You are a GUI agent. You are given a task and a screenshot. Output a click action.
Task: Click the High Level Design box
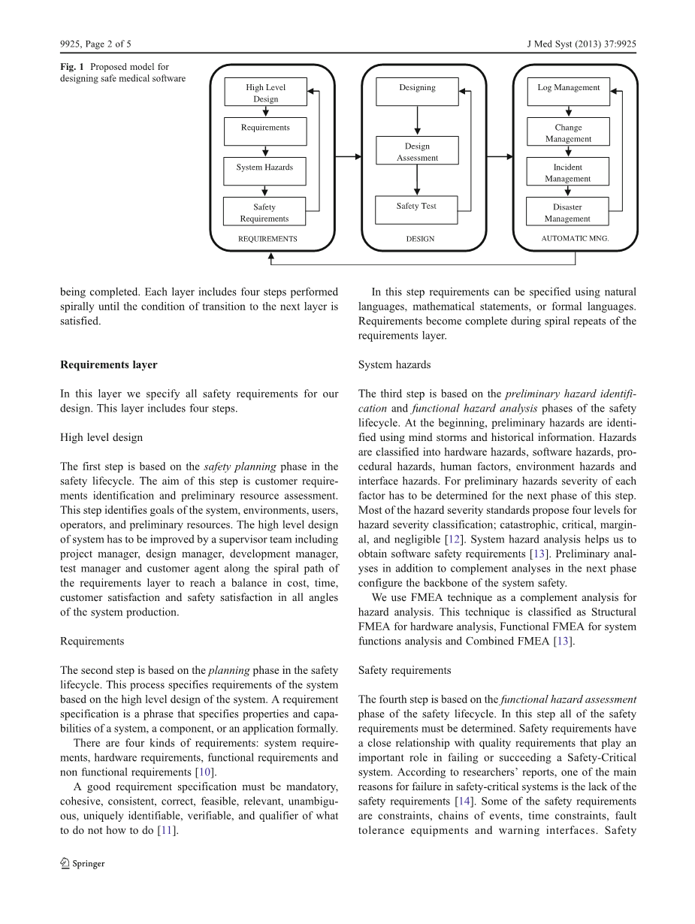point(265,92)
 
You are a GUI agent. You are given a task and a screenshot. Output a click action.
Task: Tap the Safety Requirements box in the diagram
point(264,212)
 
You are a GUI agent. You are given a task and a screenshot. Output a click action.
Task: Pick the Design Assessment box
point(417,151)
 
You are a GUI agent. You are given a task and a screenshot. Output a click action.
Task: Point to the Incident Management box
point(568,172)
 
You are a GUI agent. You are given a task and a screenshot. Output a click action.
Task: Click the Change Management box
point(568,132)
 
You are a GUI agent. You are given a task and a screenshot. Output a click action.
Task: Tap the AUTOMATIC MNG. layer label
point(575,239)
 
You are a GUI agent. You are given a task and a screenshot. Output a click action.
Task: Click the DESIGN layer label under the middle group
point(420,239)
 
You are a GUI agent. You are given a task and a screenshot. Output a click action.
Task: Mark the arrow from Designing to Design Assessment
point(417,121)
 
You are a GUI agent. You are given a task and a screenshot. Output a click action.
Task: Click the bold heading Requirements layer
point(109,365)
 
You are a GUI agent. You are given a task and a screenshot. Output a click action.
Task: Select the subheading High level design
point(101,437)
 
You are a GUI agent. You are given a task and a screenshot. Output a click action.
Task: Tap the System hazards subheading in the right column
point(394,365)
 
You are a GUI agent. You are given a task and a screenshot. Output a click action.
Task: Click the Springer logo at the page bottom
point(83,863)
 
